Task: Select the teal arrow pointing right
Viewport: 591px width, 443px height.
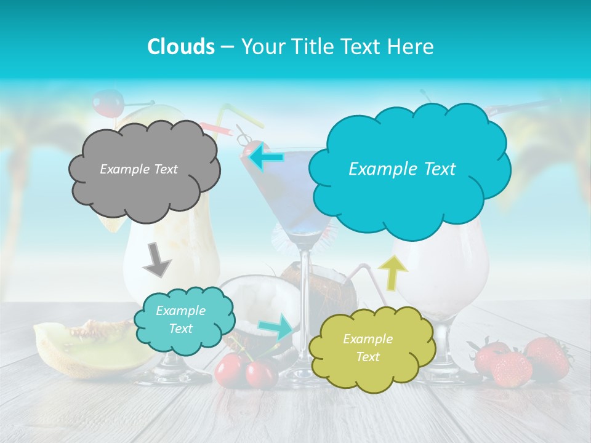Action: pyautogui.click(x=277, y=327)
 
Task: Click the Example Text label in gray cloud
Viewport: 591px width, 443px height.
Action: pyautogui.click(x=139, y=169)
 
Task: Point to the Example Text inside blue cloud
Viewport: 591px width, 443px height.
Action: pyautogui.click(x=402, y=169)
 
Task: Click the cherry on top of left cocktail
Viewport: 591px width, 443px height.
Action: pyautogui.click(x=108, y=103)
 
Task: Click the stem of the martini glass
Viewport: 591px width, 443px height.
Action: pyautogui.click(x=303, y=308)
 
